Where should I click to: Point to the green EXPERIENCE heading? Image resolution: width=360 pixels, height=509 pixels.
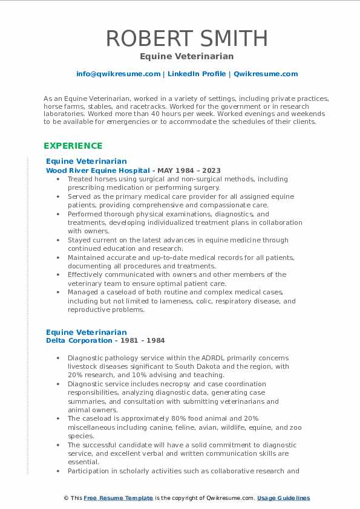(73, 146)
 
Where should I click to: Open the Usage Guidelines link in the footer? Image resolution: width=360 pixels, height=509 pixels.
(283, 498)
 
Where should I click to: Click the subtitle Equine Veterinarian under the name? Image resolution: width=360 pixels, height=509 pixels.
(180, 56)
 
